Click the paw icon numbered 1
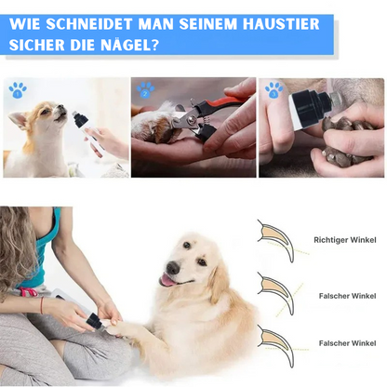[x=18, y=90]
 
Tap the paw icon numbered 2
[x=145, y=90]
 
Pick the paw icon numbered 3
[x=274, y=90]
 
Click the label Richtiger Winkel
[x=345, y=239]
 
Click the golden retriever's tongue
[x=167, y=280]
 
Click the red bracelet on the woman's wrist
[x=41, y=303]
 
